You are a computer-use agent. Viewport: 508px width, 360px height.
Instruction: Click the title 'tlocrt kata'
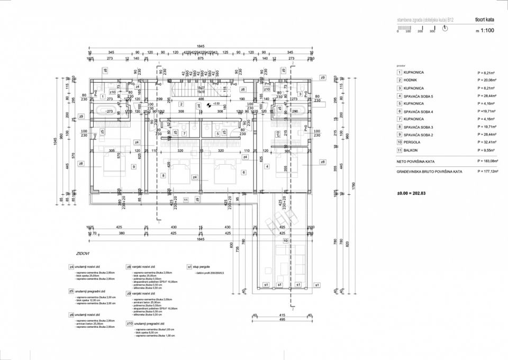(x=484, y=20)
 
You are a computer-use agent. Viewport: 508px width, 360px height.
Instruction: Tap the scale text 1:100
(x=484, y=31)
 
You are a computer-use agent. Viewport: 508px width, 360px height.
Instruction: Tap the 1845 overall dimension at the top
(x=201, y=46)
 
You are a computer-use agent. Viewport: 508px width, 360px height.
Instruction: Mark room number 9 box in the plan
(x=133, y=167)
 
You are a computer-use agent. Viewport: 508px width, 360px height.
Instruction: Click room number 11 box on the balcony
(x=186, y=200)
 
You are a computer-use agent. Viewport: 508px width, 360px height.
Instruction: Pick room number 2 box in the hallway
(x=181, y=104)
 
